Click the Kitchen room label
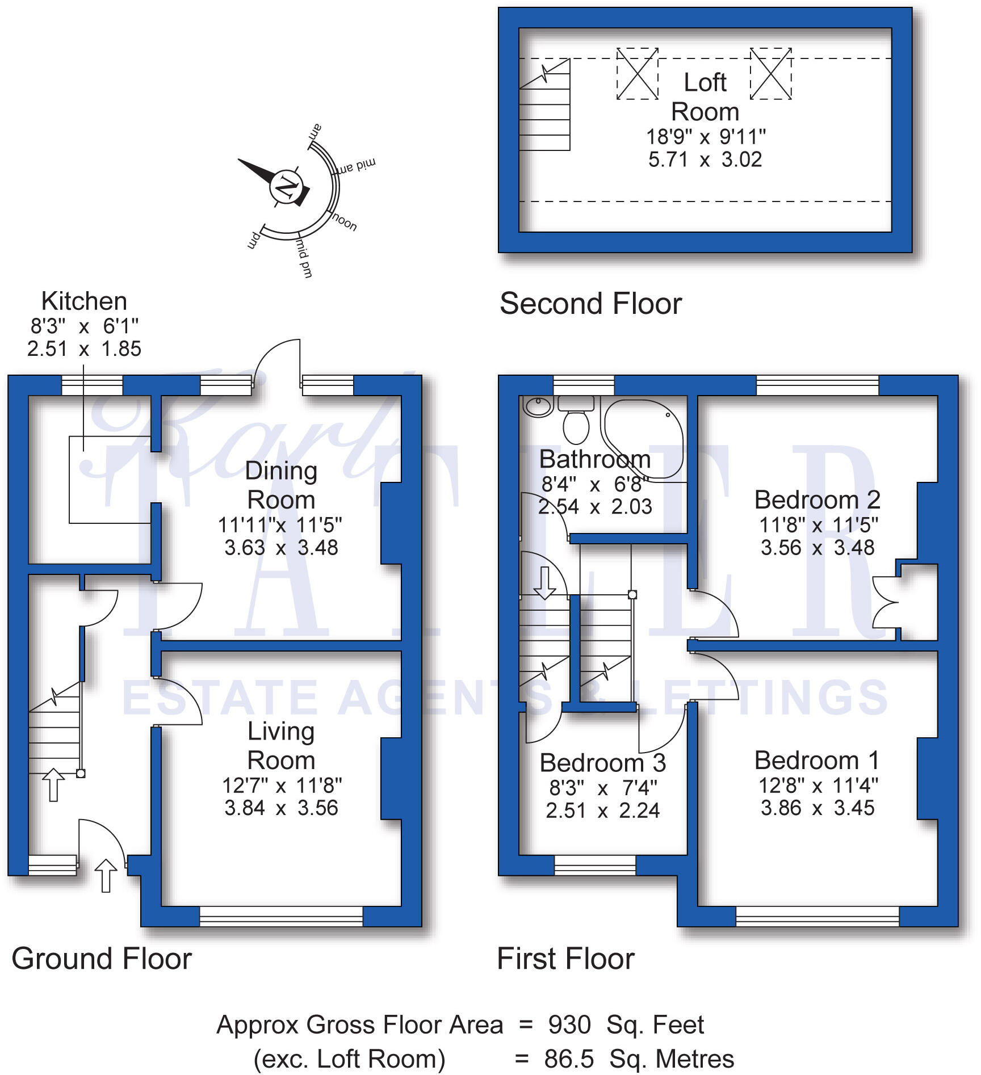click(84, 301)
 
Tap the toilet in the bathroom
click(576, 426)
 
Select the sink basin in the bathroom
click(536, 406)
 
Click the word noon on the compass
click(344, 222)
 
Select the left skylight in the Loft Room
click(637, 74)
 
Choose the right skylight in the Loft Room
click(770, 74)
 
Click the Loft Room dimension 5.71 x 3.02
click(705, 160)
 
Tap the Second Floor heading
click(590, 304)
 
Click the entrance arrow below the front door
click(106, 875)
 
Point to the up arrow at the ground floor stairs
click(53, 784)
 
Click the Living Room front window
click(281, 916)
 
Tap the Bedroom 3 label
click(602, 763)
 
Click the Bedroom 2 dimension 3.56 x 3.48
click(817, 548)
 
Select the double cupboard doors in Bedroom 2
click(884, 602)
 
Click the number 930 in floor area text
click(569, 1025)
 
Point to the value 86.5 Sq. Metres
click(639, 1059)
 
